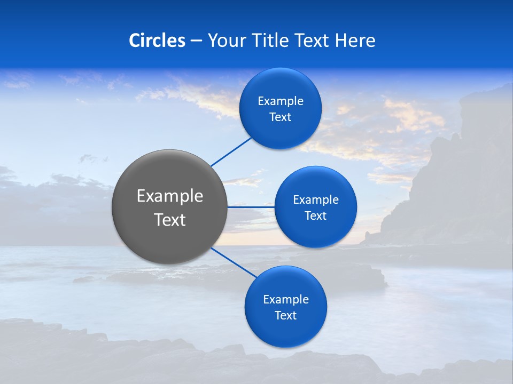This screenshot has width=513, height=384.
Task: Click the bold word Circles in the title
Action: tap(157, 41)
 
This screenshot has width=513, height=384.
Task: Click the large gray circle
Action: tap(170, 176)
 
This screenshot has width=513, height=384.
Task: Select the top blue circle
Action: tap(281, 85)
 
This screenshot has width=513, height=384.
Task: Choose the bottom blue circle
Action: tap(285, 331)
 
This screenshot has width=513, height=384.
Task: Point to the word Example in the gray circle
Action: tap(170, 196)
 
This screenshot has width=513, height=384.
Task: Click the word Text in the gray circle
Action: tap(170, 220)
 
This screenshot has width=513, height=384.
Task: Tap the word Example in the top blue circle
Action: tap(281, 101)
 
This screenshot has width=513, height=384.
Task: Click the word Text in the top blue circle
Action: tap(281, 117)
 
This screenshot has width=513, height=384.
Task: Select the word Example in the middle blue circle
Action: tap(315, 200)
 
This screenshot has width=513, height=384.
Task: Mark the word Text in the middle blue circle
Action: tap(315, 216)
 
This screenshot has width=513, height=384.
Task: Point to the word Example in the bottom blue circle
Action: tap(285, 300)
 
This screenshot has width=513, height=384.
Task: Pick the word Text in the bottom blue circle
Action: tap(285, 316)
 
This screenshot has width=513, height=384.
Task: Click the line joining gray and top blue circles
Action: tap(231, 151)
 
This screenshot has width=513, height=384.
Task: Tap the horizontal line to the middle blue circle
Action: tap(251, 207)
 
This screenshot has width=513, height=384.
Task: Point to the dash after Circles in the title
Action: tap(196, 41)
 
